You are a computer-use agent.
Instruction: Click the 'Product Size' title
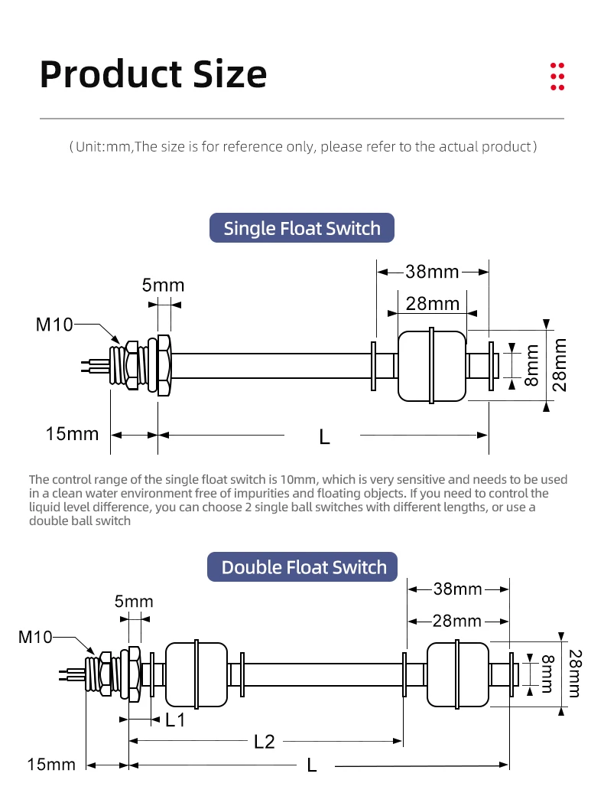tap(153, 74)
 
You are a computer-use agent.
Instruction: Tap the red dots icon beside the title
tap(557, 77)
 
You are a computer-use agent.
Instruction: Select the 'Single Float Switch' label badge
tap(301, 228)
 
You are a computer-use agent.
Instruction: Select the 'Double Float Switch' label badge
tap(304, 567)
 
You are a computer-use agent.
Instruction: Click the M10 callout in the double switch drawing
tap(36, 637)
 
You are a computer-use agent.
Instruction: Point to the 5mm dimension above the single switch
tap(163, 286)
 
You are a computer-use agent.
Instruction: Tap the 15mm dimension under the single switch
tap(72, 434)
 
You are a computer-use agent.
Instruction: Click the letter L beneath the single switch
tap(324, 436)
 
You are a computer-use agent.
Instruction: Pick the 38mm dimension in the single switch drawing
tap(432, 271)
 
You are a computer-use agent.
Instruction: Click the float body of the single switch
tap(431, 367)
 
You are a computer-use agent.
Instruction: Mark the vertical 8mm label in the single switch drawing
tap(532, 365)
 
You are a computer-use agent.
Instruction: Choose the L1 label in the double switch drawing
tap(176, 720)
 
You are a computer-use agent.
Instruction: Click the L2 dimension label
tap(264, 741)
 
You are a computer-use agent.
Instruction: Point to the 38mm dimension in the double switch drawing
tap(458, 589)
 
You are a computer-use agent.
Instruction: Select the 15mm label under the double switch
tap(51, 764)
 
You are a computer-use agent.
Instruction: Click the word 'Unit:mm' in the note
tap(104, 146)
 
